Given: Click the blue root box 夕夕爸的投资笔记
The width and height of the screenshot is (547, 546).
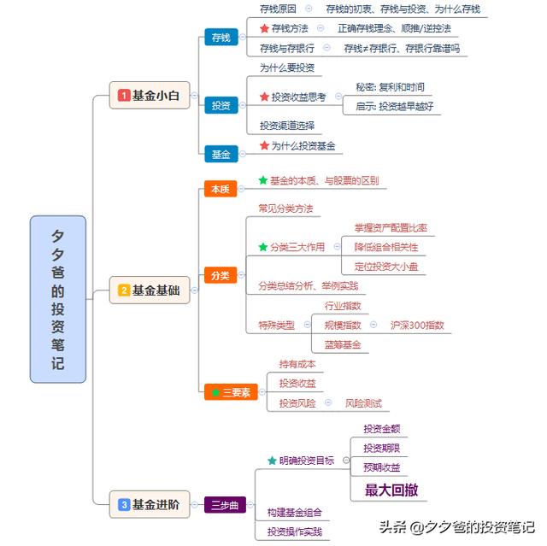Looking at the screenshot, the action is coord(58,299).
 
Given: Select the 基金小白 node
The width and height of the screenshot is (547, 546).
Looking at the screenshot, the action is coord(150,95).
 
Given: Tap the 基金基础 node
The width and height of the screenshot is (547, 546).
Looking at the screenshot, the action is coord(150,290).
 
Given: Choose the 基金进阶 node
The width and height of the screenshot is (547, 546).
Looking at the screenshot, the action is coord(150,504).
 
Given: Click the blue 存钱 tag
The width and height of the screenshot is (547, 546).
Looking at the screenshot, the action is coord(221,37).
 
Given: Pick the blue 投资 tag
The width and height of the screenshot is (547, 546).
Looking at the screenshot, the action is coord(221,105).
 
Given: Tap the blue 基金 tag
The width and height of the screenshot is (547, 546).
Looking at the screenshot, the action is coord(221,154).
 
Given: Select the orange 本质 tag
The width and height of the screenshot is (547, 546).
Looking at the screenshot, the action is coord(221,189).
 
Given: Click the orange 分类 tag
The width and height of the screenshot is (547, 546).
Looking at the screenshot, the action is coord(221,275).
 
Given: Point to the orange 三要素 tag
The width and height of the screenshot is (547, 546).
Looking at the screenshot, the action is coord(231,392).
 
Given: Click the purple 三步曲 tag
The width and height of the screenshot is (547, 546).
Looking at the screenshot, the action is coord(225,504).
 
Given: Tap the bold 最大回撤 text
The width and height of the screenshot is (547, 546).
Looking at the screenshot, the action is coord(391,490).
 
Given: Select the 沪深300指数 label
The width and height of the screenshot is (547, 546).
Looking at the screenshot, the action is coord(417,326).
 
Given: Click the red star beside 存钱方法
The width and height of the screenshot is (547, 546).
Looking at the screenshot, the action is coord(264,28).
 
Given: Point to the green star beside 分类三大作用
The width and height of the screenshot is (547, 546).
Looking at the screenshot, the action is coord(263,247).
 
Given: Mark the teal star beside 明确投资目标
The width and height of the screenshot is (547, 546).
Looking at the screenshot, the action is coord(272,461).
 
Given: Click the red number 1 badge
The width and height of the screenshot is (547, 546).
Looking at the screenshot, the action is coord(124,95).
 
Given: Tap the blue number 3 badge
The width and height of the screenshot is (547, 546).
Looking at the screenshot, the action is coord(124,504).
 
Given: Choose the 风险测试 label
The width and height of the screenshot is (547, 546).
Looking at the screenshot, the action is coord(363,403).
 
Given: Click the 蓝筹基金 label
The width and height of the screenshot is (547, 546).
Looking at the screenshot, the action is coord(343,345).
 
